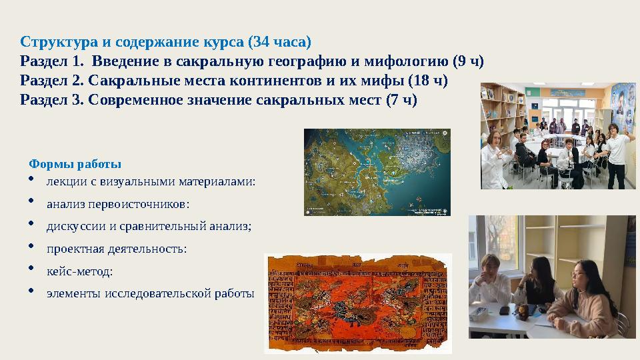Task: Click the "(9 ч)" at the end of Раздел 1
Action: (467, 62)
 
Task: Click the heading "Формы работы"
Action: (75, 163)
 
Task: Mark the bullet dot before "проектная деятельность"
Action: (32, 247)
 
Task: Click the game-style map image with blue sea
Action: (377, 172)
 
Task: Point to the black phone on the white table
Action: (505, 310)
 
